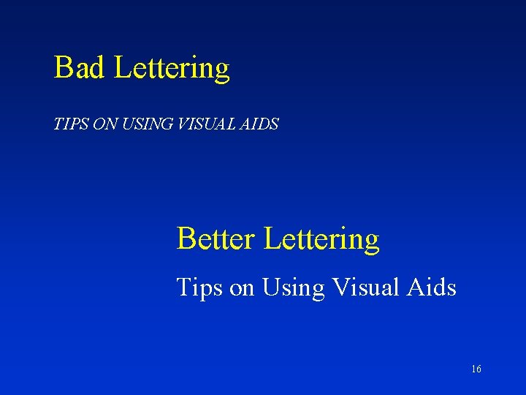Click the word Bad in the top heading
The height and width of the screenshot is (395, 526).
80,68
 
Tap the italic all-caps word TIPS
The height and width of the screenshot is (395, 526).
68,124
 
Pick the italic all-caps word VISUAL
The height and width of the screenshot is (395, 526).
199,124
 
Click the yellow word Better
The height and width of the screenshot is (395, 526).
216,239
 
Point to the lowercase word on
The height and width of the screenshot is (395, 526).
242,288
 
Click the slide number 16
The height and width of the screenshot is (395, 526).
476,369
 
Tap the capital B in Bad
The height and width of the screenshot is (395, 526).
63,68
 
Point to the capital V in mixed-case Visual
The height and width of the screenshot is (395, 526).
340,287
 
